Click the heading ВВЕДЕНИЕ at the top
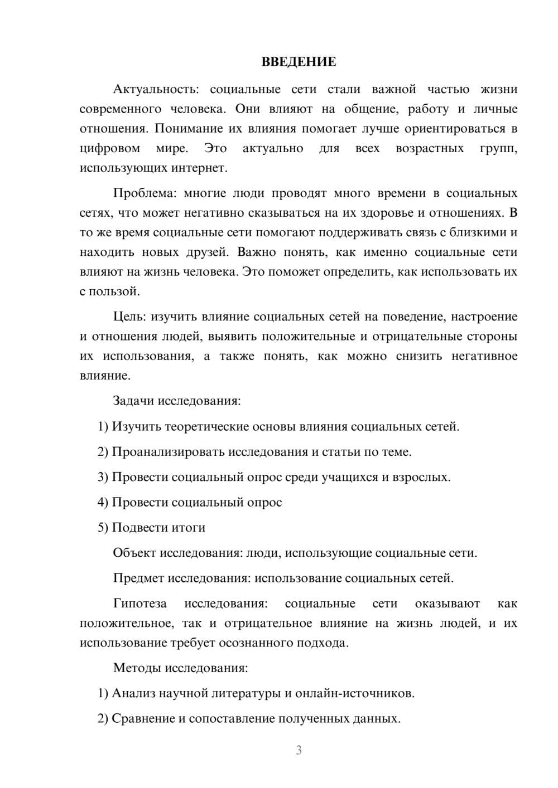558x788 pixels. point(299,62)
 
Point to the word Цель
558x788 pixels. point(129,317)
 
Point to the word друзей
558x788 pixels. point(207,252)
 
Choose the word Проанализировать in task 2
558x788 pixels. point(162,452)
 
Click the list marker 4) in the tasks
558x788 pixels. point(103,503)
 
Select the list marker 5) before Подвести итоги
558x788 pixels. point(103,528)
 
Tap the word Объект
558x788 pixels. point(134,553)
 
